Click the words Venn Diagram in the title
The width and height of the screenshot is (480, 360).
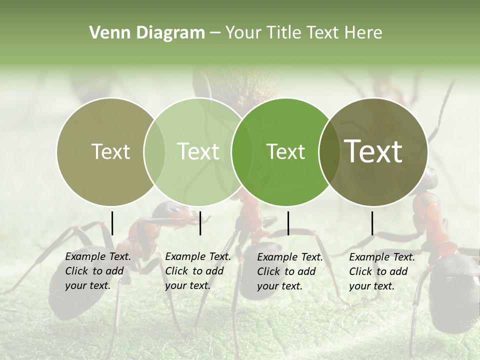147,33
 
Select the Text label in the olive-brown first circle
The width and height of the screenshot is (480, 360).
111,151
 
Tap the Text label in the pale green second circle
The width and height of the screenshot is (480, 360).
198,151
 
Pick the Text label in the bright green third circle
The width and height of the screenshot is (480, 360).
285,151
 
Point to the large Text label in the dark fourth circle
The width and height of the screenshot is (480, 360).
373,151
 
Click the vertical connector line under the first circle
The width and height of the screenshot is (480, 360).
112,223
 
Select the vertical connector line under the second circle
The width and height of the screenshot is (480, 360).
200,223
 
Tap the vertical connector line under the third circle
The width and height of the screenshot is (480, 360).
288,223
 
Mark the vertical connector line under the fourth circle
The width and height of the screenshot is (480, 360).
372,223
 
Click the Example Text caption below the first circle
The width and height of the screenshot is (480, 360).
98,271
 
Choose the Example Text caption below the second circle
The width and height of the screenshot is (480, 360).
198,271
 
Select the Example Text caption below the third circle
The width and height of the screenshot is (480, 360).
290,271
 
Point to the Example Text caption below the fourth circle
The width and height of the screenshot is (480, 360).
382,271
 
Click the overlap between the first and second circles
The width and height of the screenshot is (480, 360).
154,152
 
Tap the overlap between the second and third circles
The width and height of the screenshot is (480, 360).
242,152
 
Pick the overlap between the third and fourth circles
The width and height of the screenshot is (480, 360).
328,152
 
